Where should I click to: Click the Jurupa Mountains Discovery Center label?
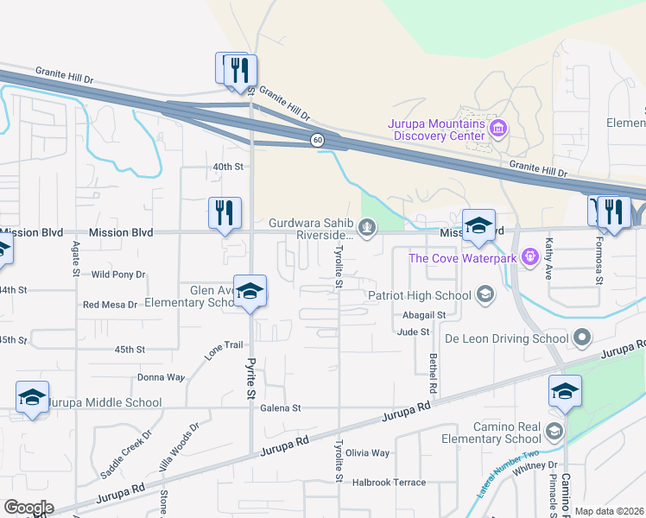(436, 129)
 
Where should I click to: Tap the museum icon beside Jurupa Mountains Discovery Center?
(497, 129)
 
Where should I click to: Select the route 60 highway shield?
(317, 139)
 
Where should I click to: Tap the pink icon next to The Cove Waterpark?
(529, 256)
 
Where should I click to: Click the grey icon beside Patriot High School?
(485, 295)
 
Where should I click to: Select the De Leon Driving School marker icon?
(583, 338)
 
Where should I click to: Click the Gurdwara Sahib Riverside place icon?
(368, 228)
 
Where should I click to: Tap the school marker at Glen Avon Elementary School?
(250, 291)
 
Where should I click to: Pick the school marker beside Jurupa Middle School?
(32, 397)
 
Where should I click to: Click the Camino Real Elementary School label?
(506, 433)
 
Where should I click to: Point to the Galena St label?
(280, 408)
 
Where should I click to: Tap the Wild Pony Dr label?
(118, 275)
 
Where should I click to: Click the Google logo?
(28, 508)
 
